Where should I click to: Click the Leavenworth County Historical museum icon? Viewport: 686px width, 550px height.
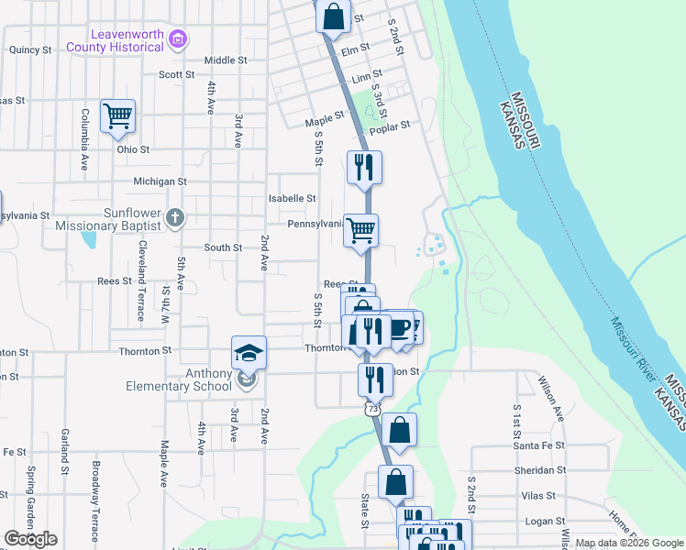(x=180, y=39)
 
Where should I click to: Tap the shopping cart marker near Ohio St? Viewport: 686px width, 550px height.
(x=117, y=116)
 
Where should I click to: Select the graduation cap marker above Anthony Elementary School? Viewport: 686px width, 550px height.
(x=247, y=353)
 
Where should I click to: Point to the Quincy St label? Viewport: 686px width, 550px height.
(x=30, y=50)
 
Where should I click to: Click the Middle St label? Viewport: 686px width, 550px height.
(x=226, y=60)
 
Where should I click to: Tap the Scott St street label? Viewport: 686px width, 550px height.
(x=177, y=74)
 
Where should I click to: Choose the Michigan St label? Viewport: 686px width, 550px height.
(x=160, y=181)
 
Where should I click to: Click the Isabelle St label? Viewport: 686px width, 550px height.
(x=292, y=198)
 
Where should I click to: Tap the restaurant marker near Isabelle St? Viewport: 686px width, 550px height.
(x=364, y=167)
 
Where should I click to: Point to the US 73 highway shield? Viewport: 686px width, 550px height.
(x=371, y=409)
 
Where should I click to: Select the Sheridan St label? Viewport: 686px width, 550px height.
(x=540, y=470)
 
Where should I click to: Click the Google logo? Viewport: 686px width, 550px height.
(x=30, y=539)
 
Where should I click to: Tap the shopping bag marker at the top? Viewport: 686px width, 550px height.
(x=333, y=16)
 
